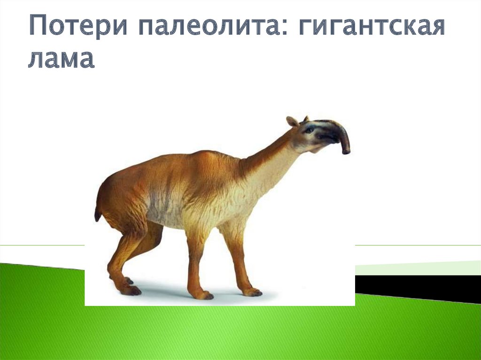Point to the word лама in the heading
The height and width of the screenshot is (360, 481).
[x=61, y=58]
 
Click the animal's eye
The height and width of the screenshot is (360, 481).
[x=309, y=130]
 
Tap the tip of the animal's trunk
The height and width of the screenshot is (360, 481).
[x=346, y=152]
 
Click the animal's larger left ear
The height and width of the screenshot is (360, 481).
[x=292, y=122]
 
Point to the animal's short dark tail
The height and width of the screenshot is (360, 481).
[x=98, y=213]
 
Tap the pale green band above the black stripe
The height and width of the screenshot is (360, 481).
[x=418, y=268]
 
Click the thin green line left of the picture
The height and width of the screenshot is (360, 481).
[x=42, y=245]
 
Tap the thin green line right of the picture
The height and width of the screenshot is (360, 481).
[x=418, y=245]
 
